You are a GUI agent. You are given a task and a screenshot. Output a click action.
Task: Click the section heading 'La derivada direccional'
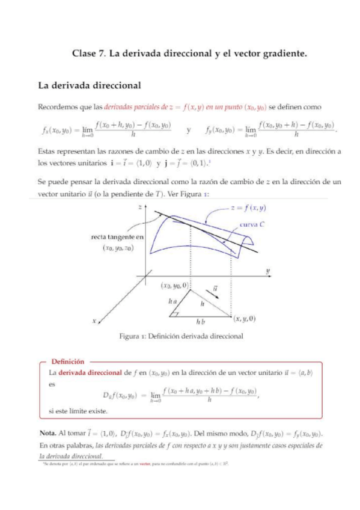point(89,85)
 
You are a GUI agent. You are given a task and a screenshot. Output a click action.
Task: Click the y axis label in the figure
point(267,271)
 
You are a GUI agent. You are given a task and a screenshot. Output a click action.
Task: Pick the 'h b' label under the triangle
point(200,323)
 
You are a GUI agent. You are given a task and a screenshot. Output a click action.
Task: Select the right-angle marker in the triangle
point(175,313)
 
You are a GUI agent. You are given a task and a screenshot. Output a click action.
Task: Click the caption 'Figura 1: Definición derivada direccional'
point(181,336)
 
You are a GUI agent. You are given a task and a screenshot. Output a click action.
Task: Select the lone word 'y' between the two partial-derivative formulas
point(189,129)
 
